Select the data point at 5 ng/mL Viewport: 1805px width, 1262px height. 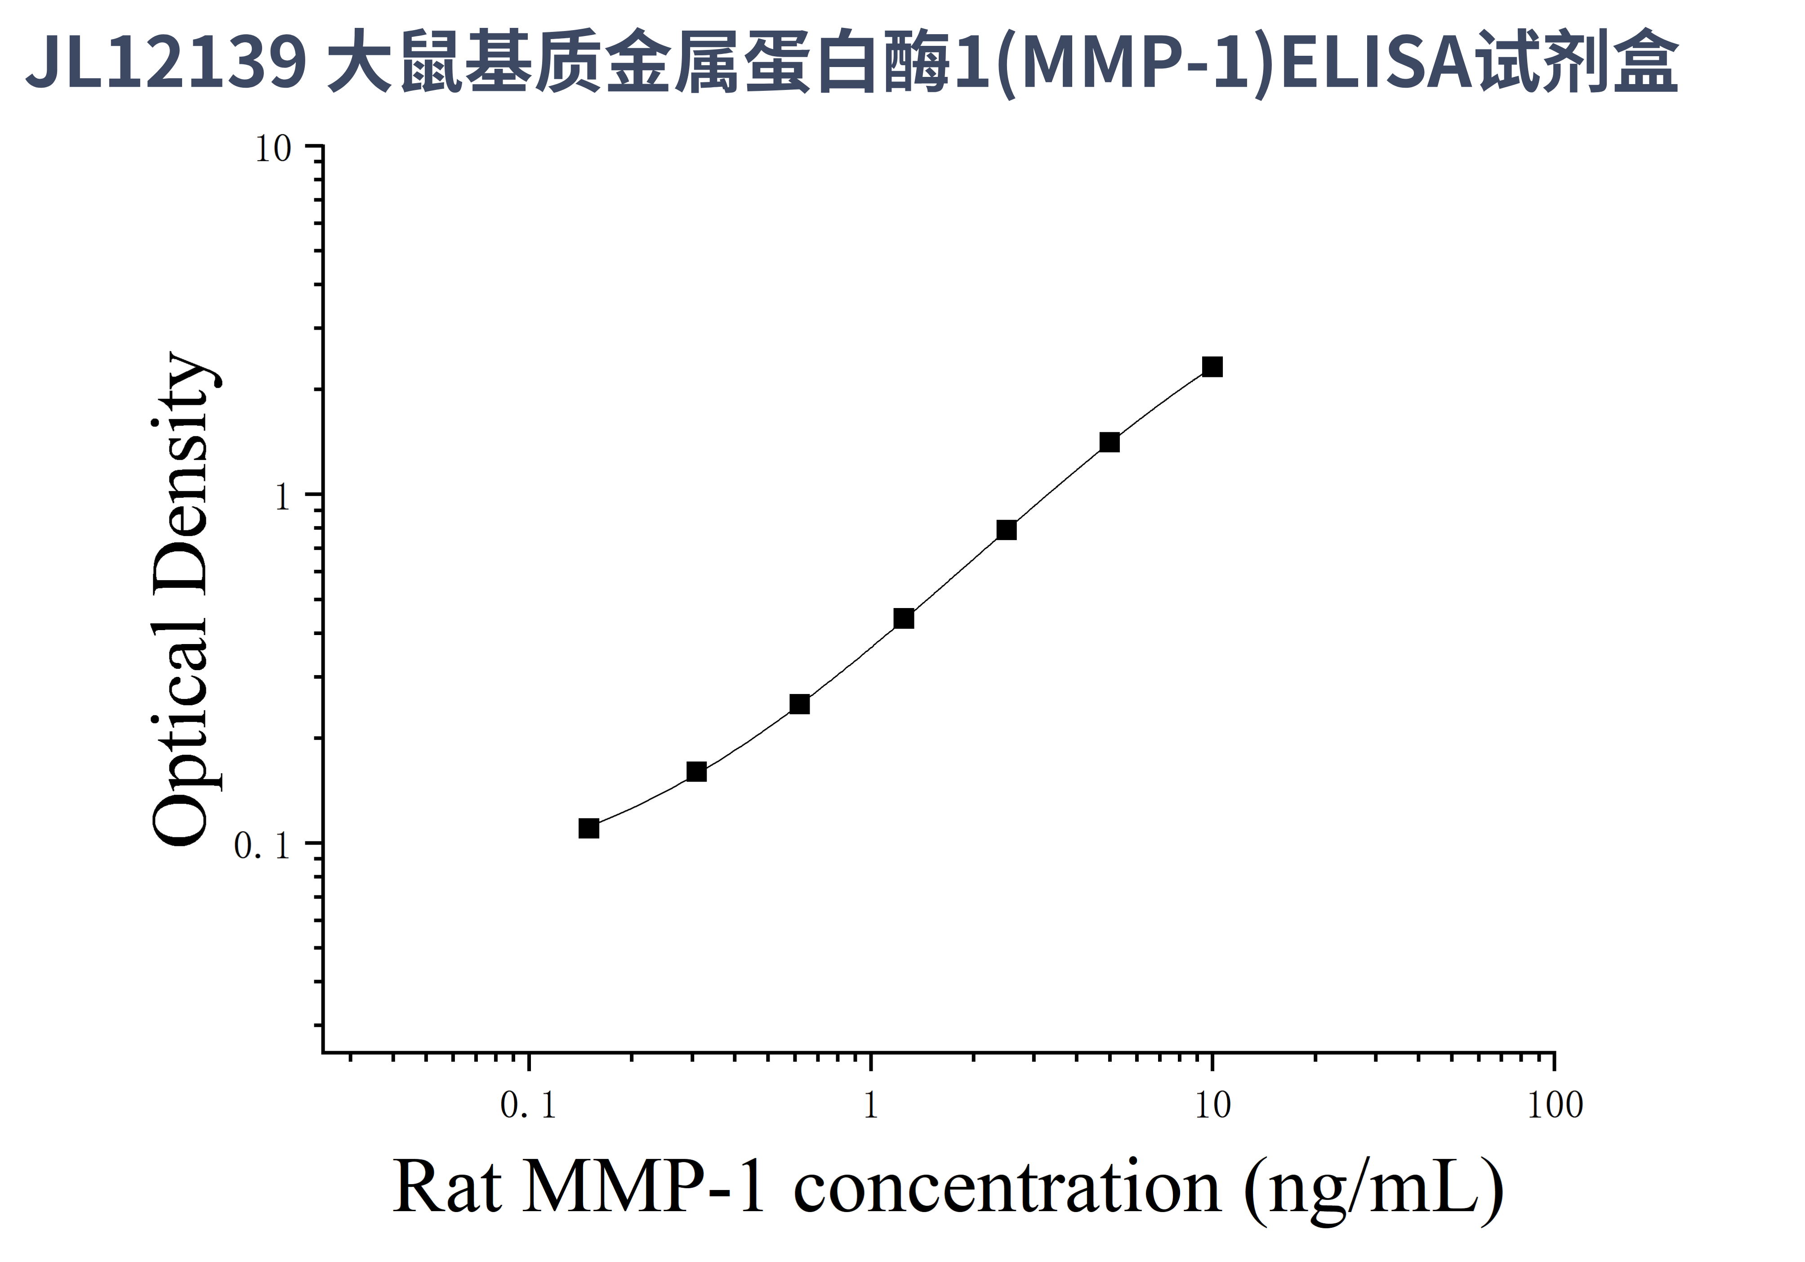[1109, 442]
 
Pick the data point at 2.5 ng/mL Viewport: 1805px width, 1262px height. [1006, 530]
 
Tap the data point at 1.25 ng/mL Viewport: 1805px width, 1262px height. [904, 619]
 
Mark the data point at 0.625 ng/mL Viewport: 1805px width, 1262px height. [799, 704]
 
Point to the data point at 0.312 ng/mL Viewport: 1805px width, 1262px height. [696, 771]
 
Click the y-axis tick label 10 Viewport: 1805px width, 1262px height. [273, 148]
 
